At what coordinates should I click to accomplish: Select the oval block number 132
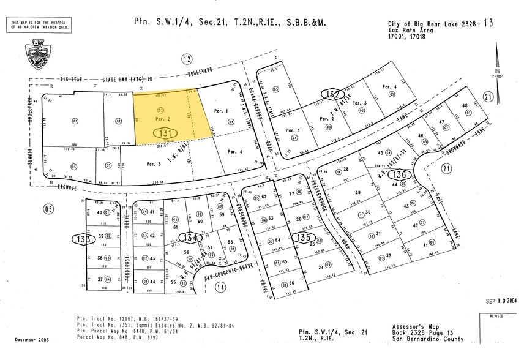click(332, 94)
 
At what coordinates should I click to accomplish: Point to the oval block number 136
click(400, 175)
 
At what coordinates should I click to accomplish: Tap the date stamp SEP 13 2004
click(501, 301)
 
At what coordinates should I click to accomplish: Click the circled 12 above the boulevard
click(187, 59)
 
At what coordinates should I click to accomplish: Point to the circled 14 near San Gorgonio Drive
click(220, 286)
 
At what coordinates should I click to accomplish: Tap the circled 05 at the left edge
click(48, 208)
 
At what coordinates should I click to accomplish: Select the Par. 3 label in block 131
click(153, 164)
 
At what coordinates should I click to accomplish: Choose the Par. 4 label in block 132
click(389, 87)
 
